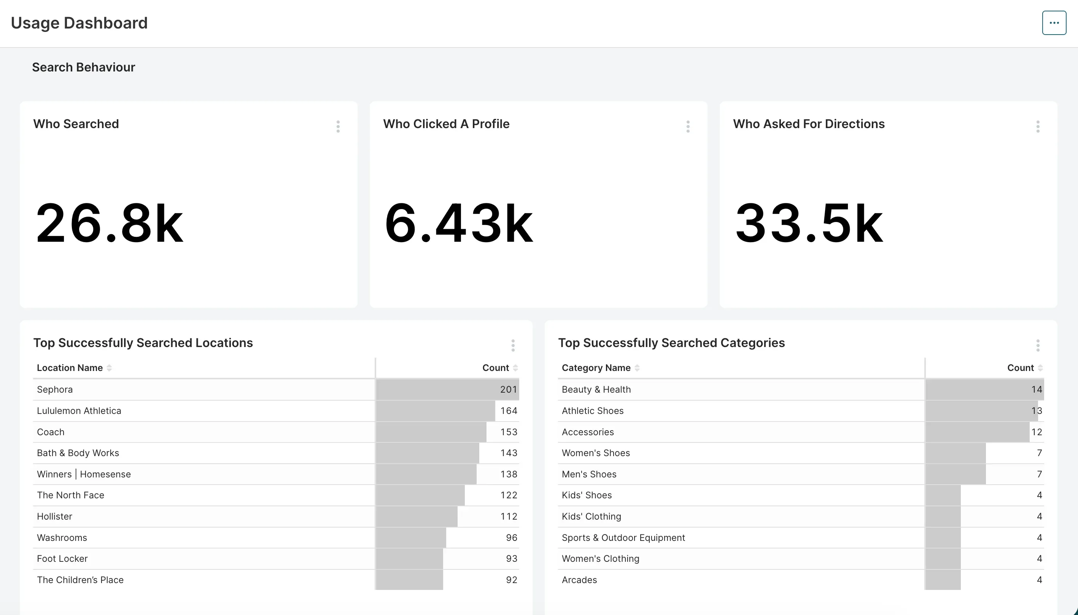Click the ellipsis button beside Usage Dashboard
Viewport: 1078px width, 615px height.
coord(1054,23)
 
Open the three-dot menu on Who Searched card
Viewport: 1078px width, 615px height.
coord(338,126)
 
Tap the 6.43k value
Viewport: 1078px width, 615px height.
coord(458,223)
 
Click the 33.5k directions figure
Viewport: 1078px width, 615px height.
coord(808,223)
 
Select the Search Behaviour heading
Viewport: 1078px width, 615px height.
coord(83,67)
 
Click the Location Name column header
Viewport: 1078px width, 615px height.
coord(70,368)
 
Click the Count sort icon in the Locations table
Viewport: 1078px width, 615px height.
coord(515,368)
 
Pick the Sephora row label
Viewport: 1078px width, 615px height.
coord(54,390)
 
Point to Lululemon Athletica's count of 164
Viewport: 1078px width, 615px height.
coord(508,411)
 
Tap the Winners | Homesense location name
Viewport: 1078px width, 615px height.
coord(84,474)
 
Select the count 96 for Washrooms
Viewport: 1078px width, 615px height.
coord(511,538)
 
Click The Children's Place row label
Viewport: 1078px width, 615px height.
coord(80,580)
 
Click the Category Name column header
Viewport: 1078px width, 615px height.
coord(596,368)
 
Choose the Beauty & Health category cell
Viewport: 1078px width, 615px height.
coord(596,390)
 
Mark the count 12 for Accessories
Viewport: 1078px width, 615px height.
coord(1036,432)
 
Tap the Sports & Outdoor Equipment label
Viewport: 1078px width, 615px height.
coord(623,538)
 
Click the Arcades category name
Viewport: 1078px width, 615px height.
coord(579,580)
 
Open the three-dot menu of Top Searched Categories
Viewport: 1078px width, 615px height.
coord(1037,345)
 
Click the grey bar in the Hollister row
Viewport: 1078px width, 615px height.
coord(416,517)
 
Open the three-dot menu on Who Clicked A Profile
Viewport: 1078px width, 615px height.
coord(687,126)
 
